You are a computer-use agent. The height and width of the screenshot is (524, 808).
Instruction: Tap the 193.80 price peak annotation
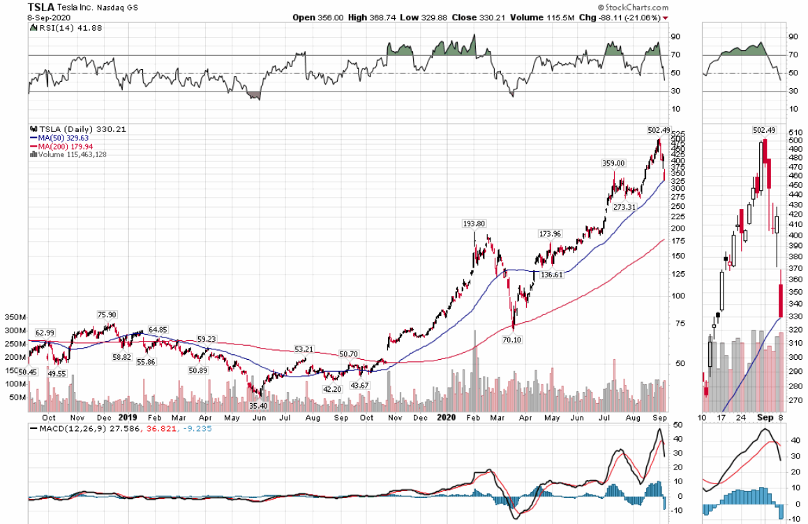coord(474,224)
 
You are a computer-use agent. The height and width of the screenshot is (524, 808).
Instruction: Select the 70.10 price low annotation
coord(513,340)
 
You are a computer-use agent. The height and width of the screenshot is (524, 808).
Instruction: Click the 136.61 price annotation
coord(551,275)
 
